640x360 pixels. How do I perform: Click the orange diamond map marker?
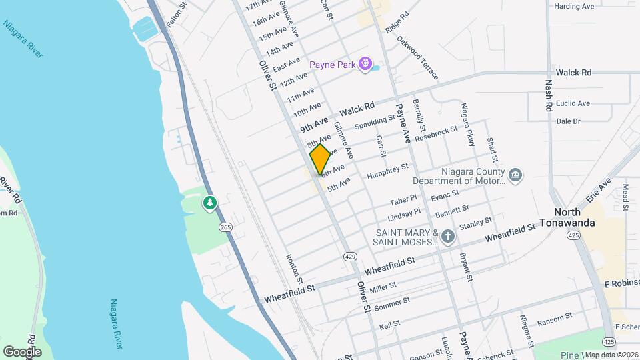point(320,160)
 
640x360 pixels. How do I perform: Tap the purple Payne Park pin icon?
point(365,65)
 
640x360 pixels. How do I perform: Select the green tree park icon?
point(210,202)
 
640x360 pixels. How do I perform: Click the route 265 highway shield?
point(226,228)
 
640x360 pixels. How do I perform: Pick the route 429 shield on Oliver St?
point(350,257)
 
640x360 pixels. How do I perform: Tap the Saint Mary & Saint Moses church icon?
point(448,235)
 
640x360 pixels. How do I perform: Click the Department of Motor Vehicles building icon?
point(515,175)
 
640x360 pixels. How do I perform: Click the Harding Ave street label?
point(574,7)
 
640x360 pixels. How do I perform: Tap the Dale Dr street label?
point(568,121)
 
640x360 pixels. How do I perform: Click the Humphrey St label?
point(387,170)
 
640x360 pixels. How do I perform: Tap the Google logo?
point(22,351)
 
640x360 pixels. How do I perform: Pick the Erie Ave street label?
point(598,191)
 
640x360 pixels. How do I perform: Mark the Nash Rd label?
point(549,96)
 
